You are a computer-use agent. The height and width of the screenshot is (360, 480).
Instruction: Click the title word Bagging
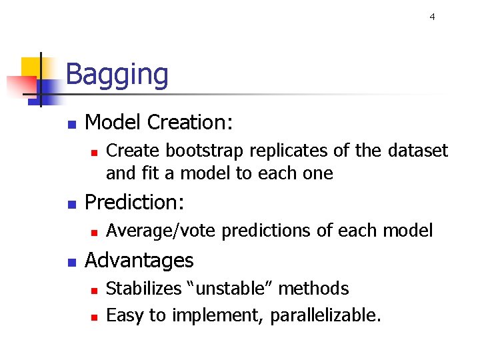pyautogui.click(x=117, y=75)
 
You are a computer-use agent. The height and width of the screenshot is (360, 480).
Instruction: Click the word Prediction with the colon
pyautogui.click(x=135, y=202)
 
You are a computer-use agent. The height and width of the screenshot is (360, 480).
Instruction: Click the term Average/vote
pyautogui.click(x=161, y=231)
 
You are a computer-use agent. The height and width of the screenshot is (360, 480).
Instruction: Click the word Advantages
pyautogui.click(x=139, y=260)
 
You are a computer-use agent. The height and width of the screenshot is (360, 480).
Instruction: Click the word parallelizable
pyautogui.click(x=325, y=315)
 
